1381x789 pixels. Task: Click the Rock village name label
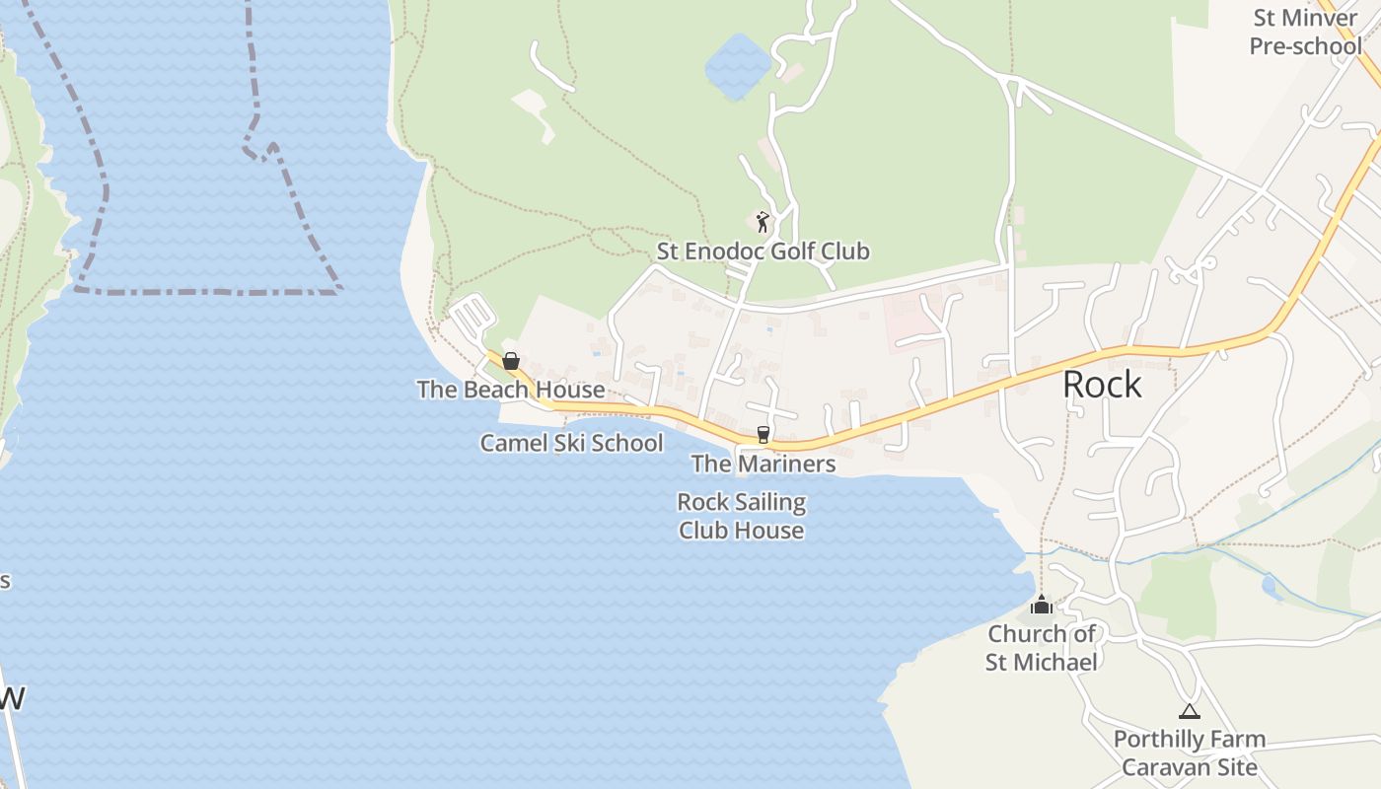(1102, 385)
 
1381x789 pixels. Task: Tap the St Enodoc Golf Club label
(763, 251)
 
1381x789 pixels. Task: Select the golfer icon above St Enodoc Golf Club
(762, 222)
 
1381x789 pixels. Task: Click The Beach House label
(511, 390)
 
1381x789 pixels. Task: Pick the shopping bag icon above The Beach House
(511, 362)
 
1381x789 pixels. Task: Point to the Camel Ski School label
(571, 443)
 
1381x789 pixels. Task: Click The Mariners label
(763, 464)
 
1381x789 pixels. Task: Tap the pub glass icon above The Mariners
(763, 434)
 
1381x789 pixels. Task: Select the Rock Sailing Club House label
(741, 516)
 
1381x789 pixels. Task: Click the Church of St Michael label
(1042, 647)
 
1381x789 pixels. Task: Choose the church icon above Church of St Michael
(1042, 605)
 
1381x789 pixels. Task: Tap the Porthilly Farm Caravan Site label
(1190, 753)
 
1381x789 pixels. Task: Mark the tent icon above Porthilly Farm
(1190, 711)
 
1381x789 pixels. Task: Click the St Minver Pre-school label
(1306, 32)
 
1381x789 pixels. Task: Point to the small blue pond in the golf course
(737, 66)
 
